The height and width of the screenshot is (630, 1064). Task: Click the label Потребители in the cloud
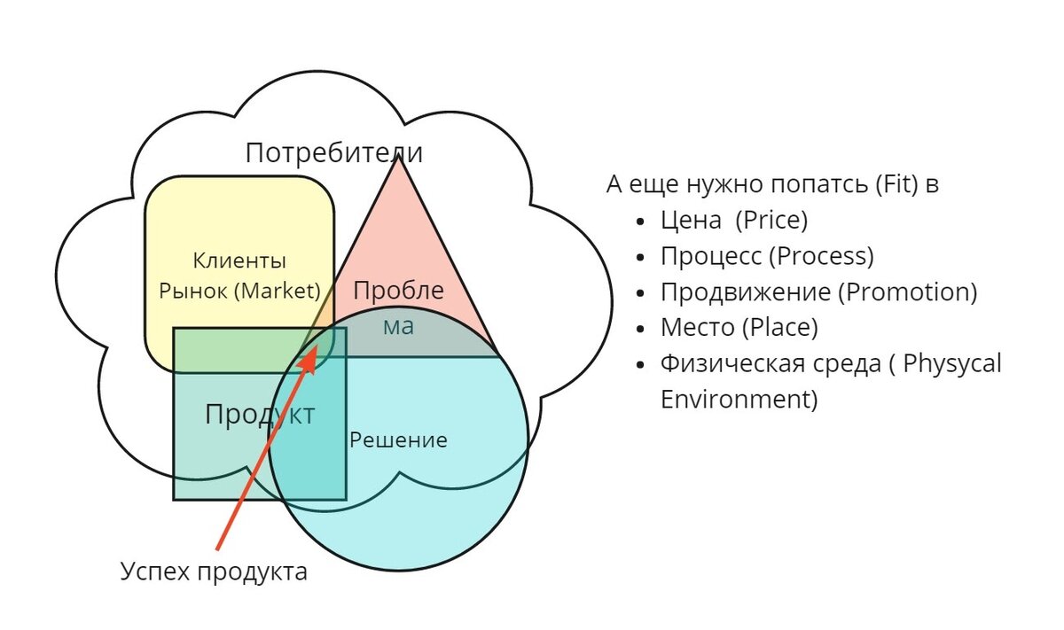(x=333, y=152)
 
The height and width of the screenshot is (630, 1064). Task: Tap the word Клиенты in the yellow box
(x=239, y=261)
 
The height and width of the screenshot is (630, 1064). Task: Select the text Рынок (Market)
(x=239, y=290)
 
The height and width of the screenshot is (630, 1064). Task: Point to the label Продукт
(x=259, y=414)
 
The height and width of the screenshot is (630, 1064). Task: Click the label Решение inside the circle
(x=398, y=439)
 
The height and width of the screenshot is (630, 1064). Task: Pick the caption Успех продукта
(x=214, y=572)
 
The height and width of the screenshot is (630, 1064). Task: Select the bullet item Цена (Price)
(x=734, y=220)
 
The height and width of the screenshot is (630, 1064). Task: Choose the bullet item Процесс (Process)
(x=767, y=256)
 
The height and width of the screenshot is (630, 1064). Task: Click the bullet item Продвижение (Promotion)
(x=818, y=292)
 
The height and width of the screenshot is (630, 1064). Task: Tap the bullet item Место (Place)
(x=739, y=327)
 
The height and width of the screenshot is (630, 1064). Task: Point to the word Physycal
(x=954, y=363)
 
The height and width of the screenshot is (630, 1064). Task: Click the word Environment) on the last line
(x=739, y=399)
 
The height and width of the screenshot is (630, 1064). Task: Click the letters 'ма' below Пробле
(x=398, y=325)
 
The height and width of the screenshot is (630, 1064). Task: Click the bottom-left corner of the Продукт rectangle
(x=174, y=499)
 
